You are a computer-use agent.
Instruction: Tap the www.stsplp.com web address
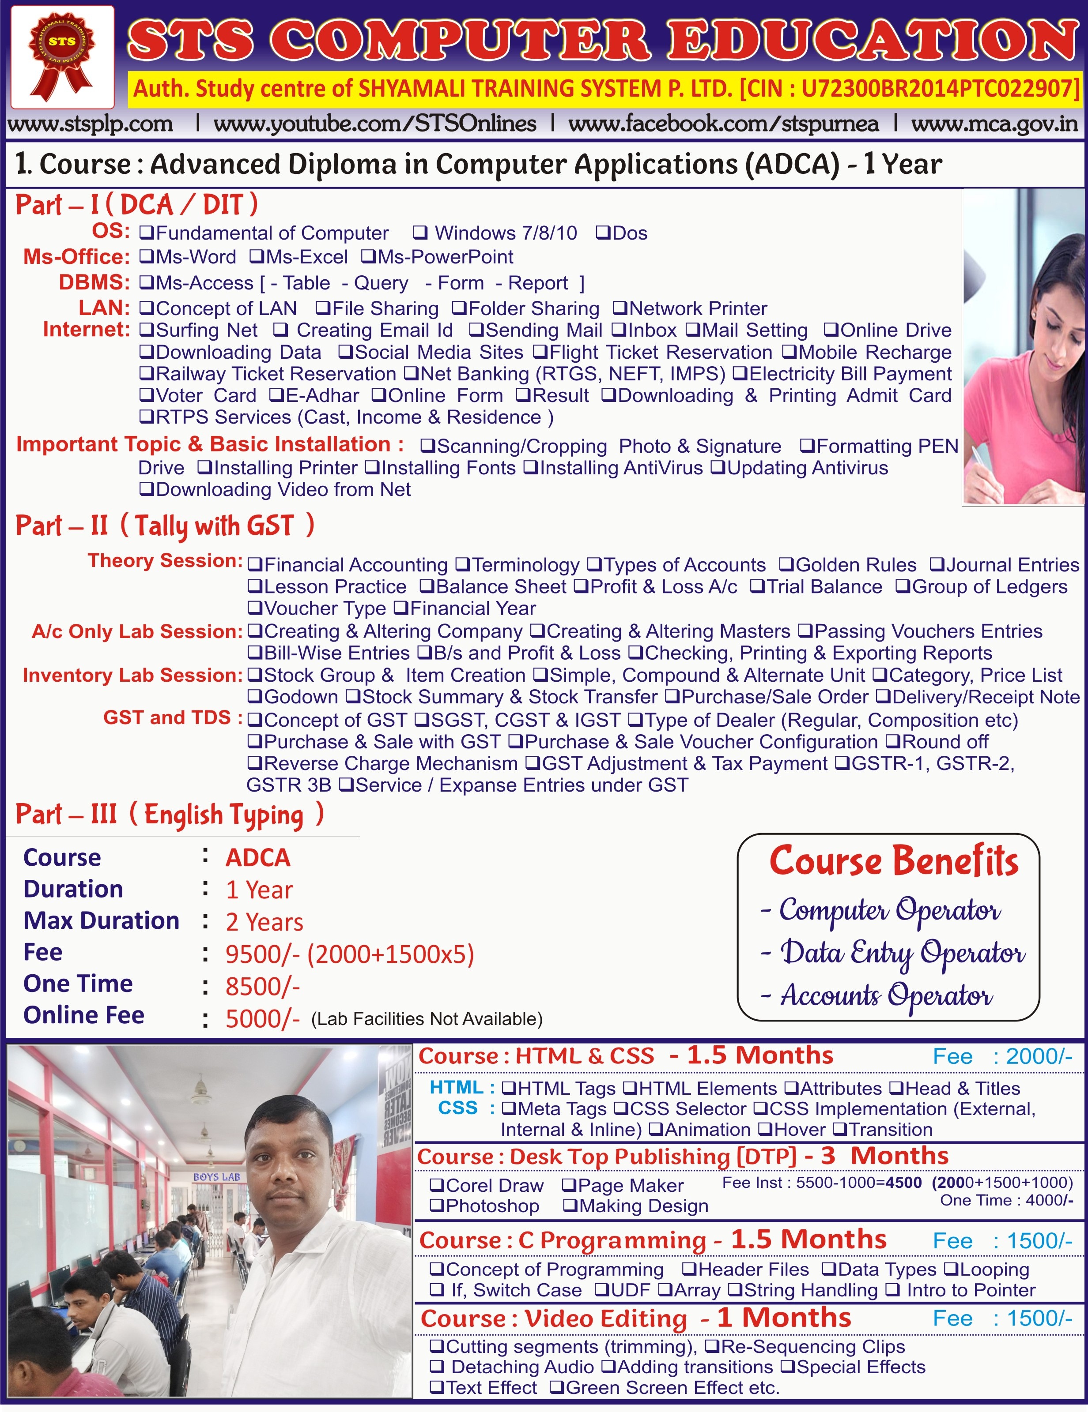coord(90,124)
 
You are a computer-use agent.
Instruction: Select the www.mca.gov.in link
coord(994,124)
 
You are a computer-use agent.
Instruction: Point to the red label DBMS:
coord(94,282)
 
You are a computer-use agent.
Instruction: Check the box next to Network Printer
coord(620,308)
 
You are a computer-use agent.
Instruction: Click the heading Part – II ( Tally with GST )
coord(165,526)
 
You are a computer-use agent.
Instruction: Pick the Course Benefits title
coord(894,862)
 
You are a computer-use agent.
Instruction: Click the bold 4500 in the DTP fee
coord(903,1183)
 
